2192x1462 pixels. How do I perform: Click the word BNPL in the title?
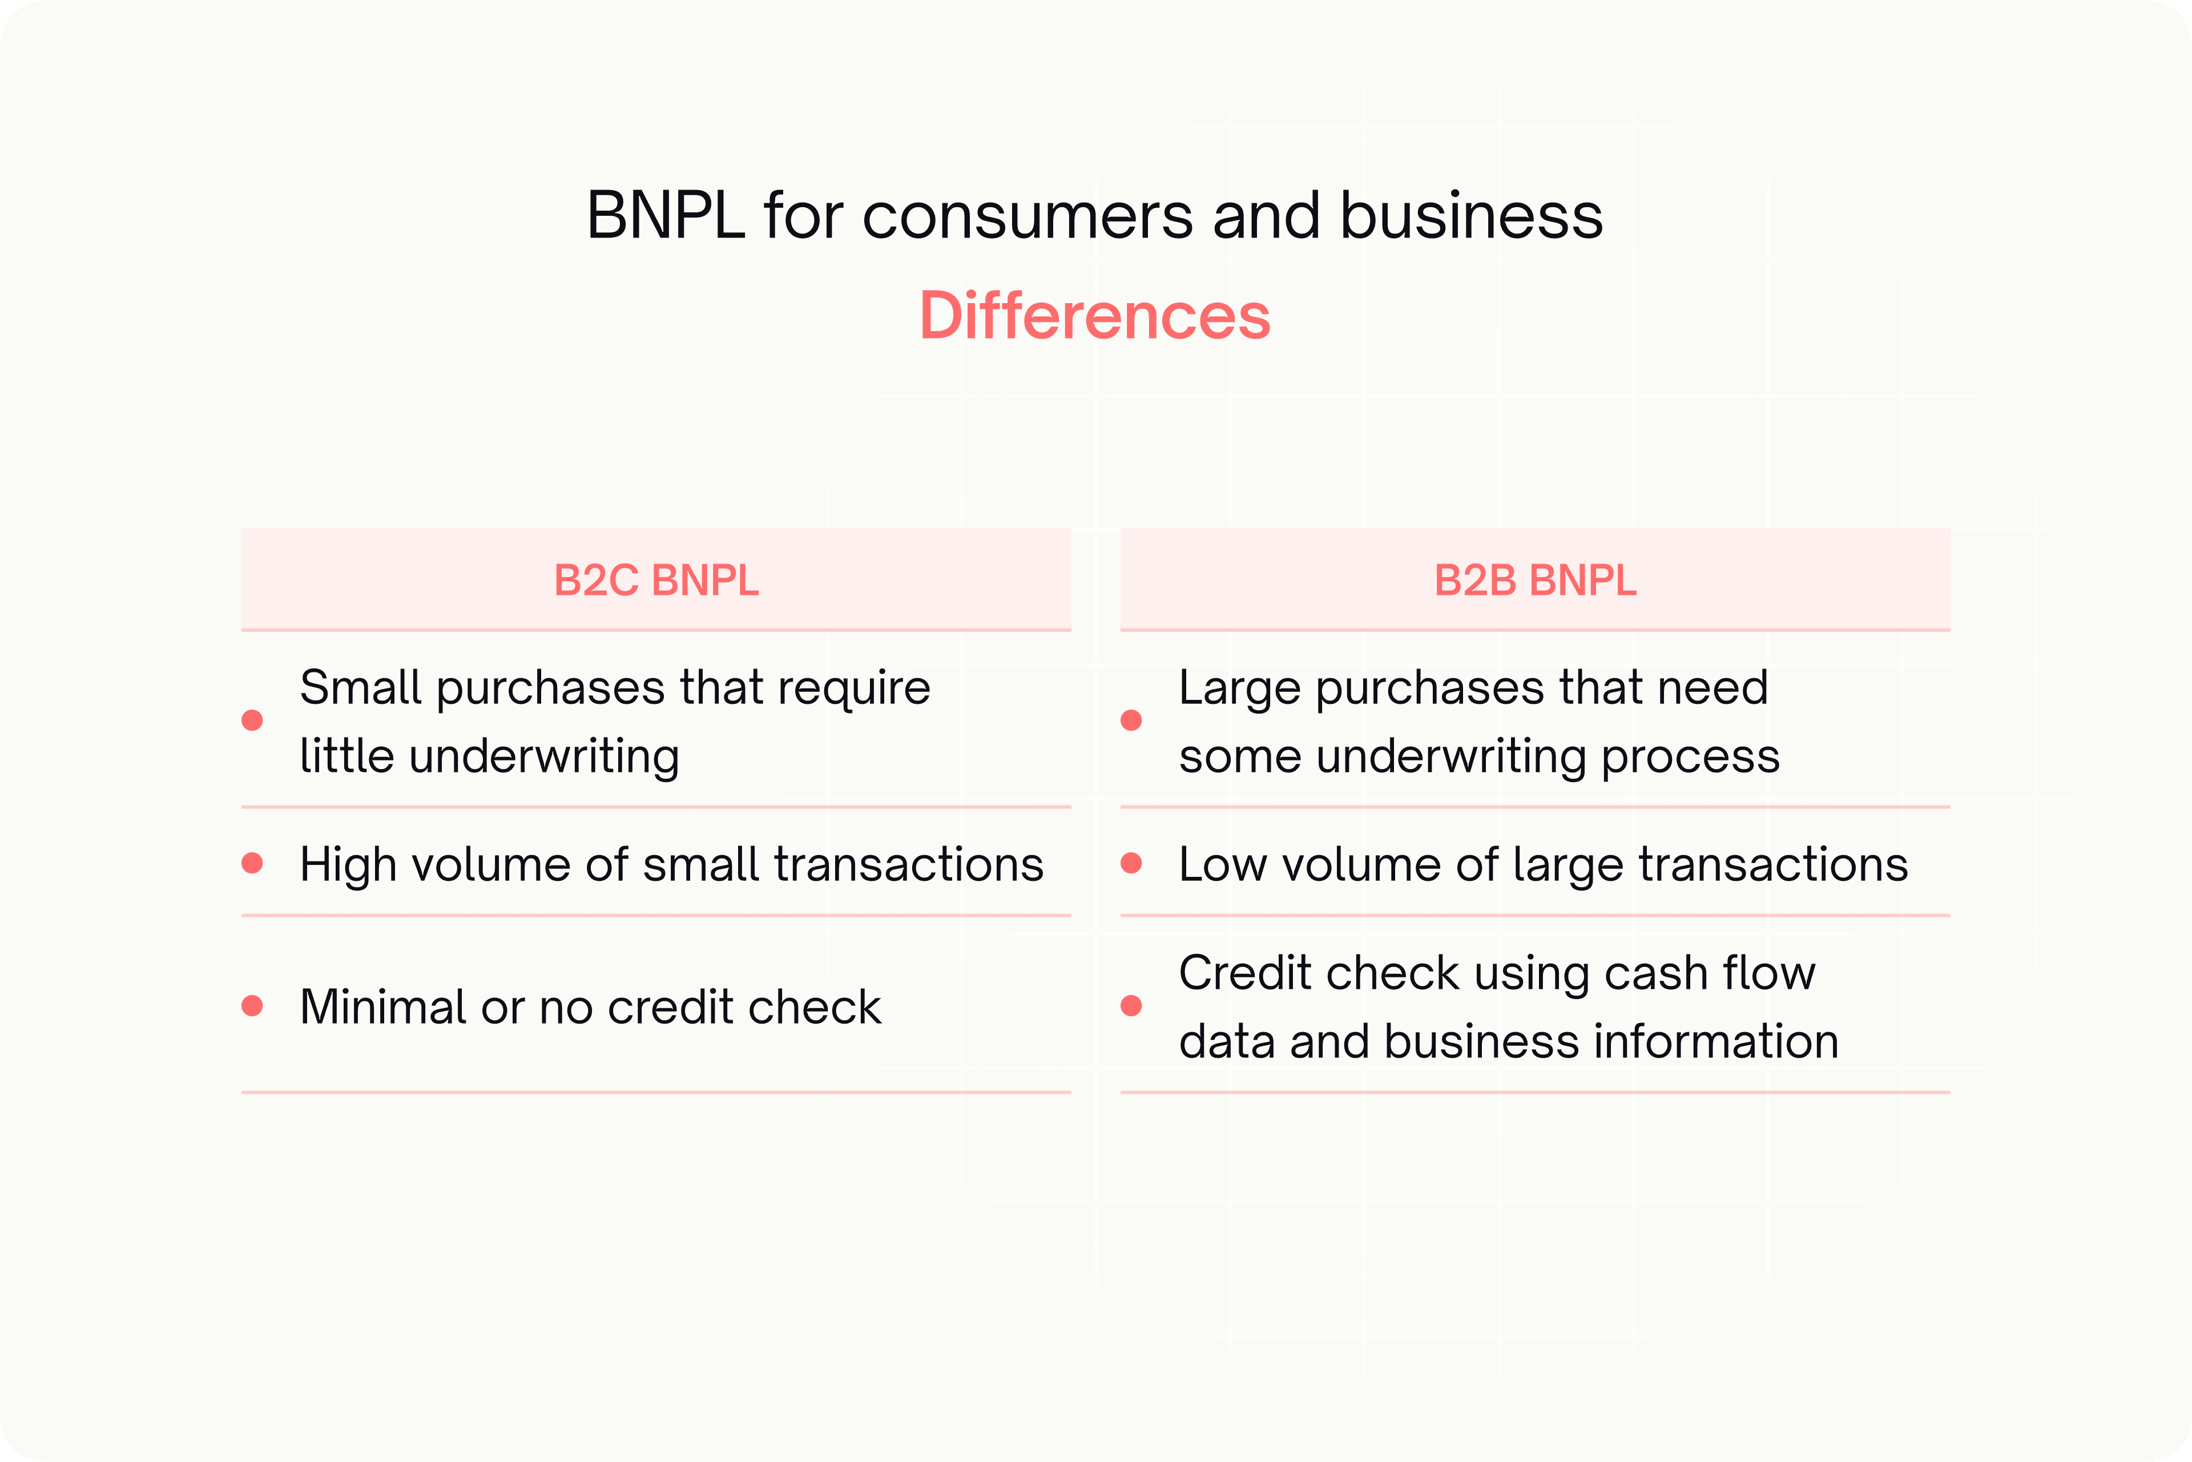pos(666,215)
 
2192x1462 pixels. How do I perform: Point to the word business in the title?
pos(1471,215)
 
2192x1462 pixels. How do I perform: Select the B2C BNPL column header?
pos(656,580)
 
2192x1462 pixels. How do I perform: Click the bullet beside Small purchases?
pos(252,720)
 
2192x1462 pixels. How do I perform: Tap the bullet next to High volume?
pos(252,863)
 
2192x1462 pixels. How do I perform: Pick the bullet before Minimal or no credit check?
pos(252,1005)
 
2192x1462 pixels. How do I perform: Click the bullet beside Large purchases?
pos(1131,720)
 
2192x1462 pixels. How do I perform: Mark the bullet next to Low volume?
pos(1131,863)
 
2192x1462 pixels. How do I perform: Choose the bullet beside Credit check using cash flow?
pos(1131,1005)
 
